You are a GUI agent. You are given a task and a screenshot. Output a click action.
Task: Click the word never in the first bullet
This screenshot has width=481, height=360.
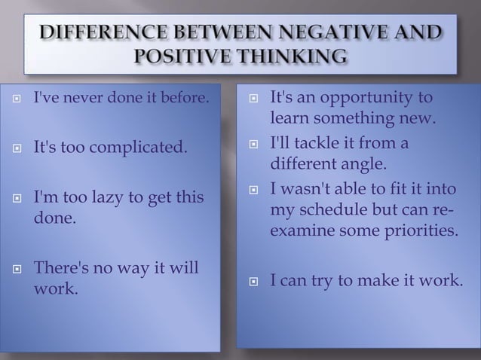tap(78, 99)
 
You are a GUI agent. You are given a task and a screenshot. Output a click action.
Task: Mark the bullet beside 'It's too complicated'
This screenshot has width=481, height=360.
tap(17, 145)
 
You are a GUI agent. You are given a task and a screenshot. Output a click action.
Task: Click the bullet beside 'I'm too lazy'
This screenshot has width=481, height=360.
tap(17, 199)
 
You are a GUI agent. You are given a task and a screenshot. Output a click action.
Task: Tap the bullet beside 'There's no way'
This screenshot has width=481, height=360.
tap(17, 270)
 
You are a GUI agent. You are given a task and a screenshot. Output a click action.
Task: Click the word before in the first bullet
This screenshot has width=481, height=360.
tap(185, 99)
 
